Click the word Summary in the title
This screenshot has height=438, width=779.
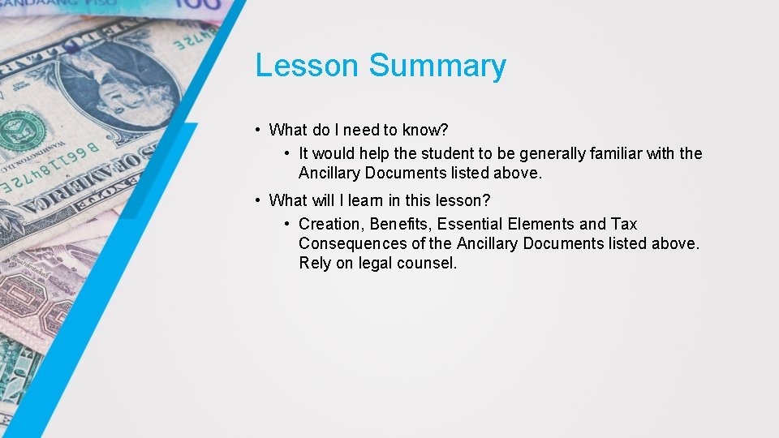(x=437, y=66)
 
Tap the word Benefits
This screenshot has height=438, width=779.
(x=401, y=224)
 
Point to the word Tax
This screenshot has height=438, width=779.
(x=624, y=224)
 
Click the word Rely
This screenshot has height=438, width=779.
(x=315, y=264)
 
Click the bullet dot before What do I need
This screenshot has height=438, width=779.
(x=256, y=130)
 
